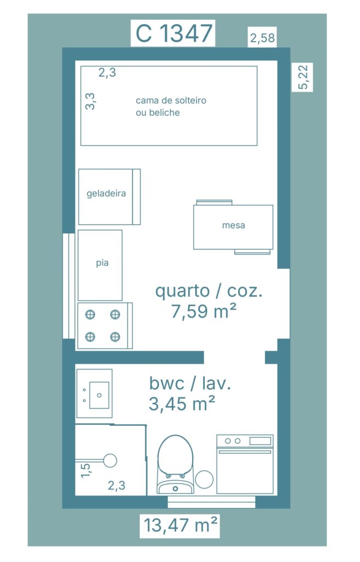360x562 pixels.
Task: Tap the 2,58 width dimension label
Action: coord(262,38)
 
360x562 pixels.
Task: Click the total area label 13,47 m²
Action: coord(181,525)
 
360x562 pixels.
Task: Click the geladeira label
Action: coord(106,194)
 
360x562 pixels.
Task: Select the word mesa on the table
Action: coord(233,226)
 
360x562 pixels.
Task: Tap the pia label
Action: coord(102,263)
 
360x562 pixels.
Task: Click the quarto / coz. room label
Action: coord(209,291)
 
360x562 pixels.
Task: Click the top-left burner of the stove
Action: coord(90,314)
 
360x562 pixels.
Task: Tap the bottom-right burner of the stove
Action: coord(115,336)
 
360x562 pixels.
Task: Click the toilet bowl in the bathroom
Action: coord(176,456)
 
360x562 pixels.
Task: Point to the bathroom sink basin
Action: coord(100,394)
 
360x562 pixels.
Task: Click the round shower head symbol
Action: coord(110,460)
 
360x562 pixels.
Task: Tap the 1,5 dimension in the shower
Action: coord(86,469)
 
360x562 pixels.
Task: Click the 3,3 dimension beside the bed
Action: coord(91,101)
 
